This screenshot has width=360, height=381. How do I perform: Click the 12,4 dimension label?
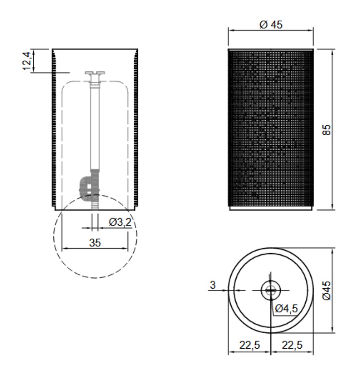27,61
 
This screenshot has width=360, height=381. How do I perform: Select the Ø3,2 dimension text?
120,222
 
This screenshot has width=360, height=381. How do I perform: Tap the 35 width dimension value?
95,243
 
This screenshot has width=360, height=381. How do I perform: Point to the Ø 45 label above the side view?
271,25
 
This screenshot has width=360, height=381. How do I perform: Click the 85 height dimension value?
327,130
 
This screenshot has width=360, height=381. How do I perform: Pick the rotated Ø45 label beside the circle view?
327,290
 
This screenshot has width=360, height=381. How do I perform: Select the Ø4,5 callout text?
286,309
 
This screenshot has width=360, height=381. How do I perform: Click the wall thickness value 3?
213,285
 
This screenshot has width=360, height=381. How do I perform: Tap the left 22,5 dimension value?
250,345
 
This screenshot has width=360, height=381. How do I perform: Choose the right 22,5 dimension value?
292,345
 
